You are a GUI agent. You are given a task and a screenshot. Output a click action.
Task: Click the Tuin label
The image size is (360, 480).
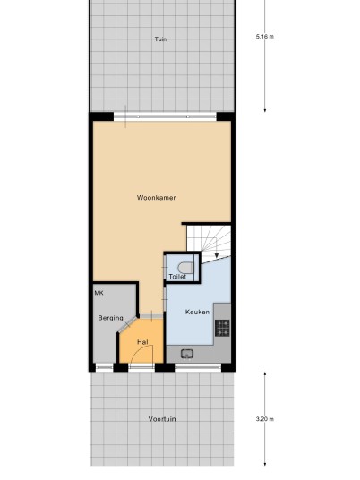(x=160, y=39)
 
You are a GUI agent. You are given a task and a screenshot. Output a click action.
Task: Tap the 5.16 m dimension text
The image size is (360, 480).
(x=265, y=37)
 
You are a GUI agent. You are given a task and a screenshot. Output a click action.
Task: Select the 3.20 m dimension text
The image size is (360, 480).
(x=265, y=419)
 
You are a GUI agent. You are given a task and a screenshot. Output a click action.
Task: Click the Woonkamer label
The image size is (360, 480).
(x=156, y=198)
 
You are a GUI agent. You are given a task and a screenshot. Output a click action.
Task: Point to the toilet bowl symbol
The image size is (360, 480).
(x=185, y=268)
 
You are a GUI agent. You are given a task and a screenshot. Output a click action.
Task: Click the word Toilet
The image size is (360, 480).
(x=177, y=277)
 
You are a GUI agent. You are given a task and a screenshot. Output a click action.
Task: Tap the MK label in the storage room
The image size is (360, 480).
(x=99, y=293)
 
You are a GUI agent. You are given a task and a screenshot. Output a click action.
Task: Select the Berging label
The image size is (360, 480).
(x=110, y=318)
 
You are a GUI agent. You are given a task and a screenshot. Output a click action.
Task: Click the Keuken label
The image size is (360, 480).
(x=197, y=312)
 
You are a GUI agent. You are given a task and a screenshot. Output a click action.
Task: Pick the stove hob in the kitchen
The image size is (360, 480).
(x=222, y=328)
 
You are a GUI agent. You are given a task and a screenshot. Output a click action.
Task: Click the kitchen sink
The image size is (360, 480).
(x=187, y=355)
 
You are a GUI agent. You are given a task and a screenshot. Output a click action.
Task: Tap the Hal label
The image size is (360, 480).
(x=142, y=342)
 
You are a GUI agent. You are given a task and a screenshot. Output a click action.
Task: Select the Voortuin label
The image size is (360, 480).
(x=162, y=419)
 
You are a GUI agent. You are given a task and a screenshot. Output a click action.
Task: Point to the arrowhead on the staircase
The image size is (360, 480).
(x=217, y=256)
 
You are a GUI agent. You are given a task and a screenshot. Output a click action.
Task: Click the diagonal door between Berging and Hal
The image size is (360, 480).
(x=128, y=324)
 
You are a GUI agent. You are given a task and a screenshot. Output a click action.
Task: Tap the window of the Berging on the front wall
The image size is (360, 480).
(x=105, y=367)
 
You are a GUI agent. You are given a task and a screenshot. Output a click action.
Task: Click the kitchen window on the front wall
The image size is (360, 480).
(x=198, y=367)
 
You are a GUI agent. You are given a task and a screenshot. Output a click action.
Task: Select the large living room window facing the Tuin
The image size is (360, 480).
(x=165, y=116)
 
